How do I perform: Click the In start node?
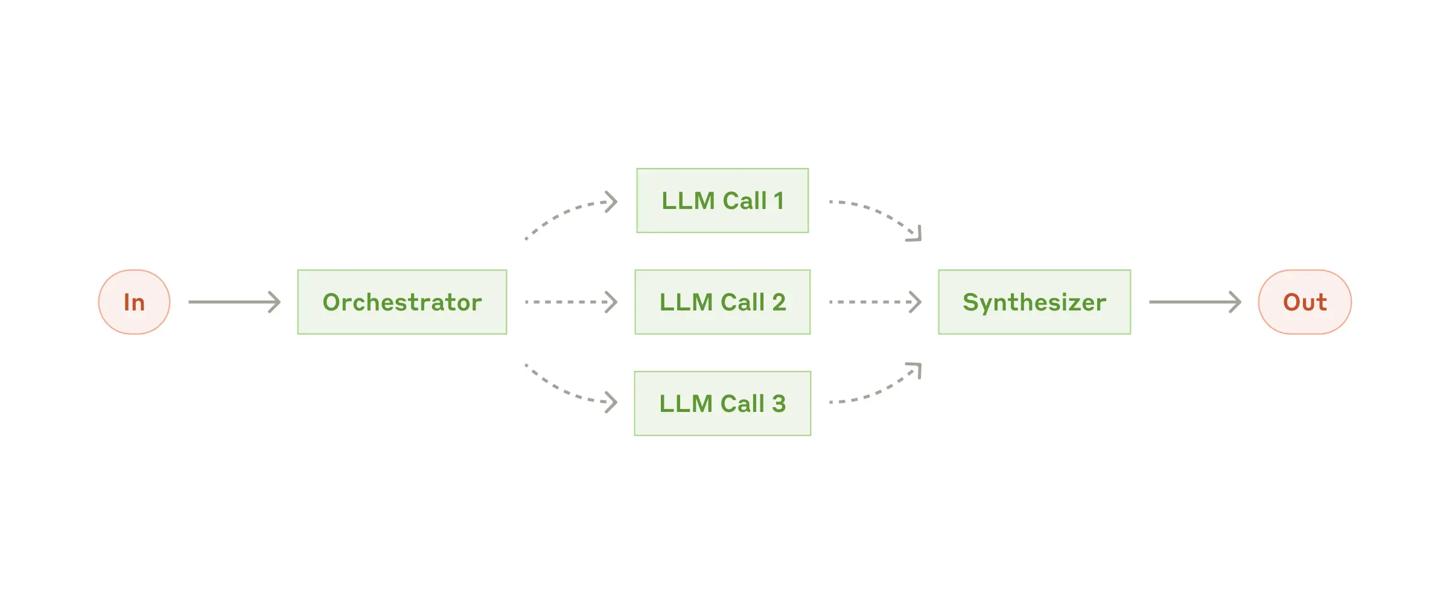coord(134,302)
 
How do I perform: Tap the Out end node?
coord(1304,302)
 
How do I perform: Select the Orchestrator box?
coord(402,302)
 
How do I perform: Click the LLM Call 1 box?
coord(722,201)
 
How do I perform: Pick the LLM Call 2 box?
coord(722,302)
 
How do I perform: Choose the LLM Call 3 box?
coord(722,403)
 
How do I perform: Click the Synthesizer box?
coord(1034,302)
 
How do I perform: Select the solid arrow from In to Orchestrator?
coord(234,302)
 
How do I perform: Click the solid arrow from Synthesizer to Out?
coord(1195,302)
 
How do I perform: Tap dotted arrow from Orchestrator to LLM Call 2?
coord(571,302)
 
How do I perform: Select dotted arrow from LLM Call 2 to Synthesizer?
coord(875,302)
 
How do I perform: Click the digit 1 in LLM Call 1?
coord(779,201)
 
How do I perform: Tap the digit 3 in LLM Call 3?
coord(779,403)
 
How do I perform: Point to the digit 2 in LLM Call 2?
coord(779,302)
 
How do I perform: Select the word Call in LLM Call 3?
coord(742,403)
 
